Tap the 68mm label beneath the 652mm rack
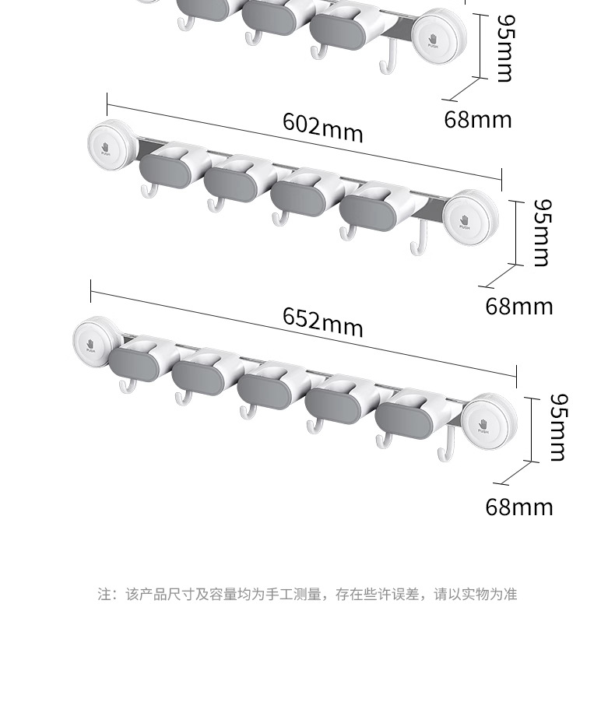[x=518, y=507]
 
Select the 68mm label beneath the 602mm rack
[x=518, y=306]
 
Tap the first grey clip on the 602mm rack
[x=165, y=170]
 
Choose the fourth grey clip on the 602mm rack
[x=367, y=211]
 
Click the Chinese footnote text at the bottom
[x=307, y=595]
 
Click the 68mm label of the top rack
[x=477, y=119]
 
